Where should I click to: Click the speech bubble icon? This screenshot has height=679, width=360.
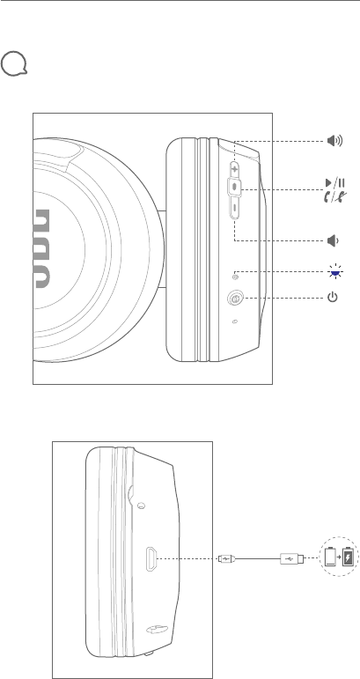(14, 64)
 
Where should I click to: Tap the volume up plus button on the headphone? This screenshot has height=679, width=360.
(234, 168)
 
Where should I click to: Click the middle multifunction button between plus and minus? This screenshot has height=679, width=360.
(234, 187)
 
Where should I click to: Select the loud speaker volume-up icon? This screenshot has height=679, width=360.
(334, 141)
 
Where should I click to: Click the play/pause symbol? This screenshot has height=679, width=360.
(335, 183)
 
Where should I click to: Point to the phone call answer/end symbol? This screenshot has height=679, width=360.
(335, 196)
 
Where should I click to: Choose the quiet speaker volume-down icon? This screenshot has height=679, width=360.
(333, 240)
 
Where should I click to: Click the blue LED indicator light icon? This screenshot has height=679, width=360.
(334, 272)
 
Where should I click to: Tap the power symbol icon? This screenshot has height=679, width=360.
(333, 298)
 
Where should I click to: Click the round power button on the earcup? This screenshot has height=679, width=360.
(235, 299)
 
